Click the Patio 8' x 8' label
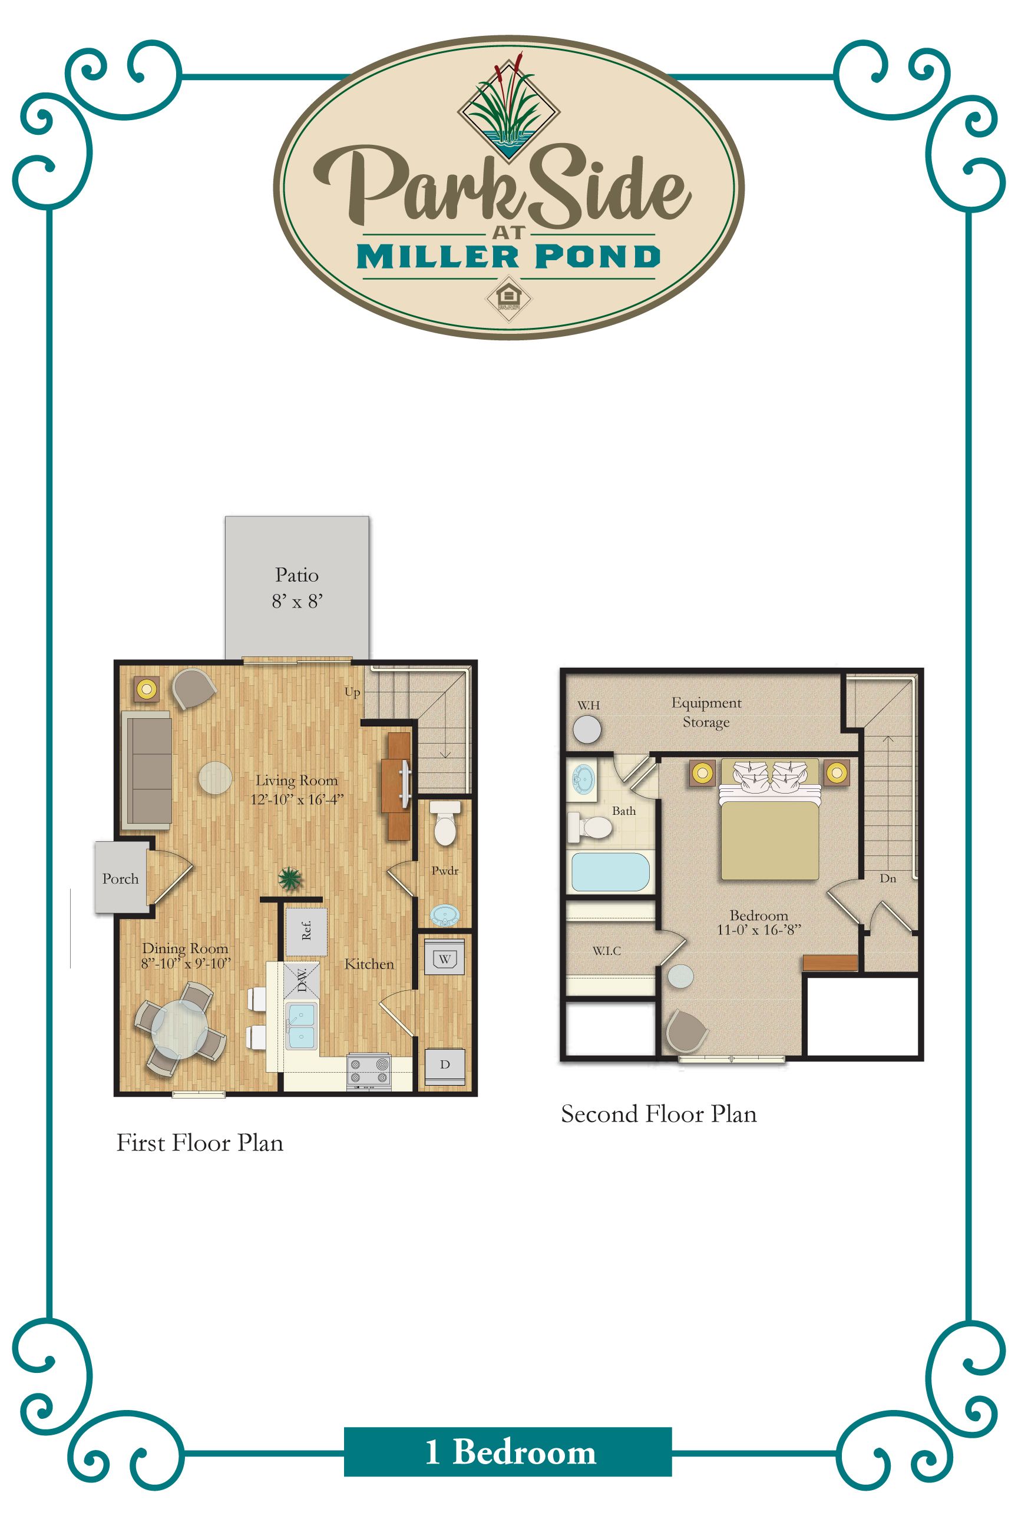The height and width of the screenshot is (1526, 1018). click(x=297, y=588)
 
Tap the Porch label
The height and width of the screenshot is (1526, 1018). click(x=120, y=878)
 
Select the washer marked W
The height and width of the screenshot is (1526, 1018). click(x=445, y=959)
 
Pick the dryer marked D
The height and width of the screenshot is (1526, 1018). click(x=445, y=1064)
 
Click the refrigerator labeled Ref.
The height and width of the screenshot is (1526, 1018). click(x=306, y=931)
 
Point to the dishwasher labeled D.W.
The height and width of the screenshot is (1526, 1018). click(x=302, y=980)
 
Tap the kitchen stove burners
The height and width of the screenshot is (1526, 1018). click(x=369, y=1071)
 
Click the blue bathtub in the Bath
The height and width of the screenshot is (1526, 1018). click(x=610, y=872)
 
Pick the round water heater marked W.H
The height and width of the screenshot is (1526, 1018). click(x=587, y=729)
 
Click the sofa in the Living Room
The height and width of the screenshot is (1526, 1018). click(x=147, y=770)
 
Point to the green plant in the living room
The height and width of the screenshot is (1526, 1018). click(x=290, y=879)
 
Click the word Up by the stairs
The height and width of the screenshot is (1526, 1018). click(x=352, y=692)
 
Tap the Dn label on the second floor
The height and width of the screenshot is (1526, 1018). click(x=887, y=878)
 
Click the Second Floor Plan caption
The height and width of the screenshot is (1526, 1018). click(x=658, y=1114)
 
